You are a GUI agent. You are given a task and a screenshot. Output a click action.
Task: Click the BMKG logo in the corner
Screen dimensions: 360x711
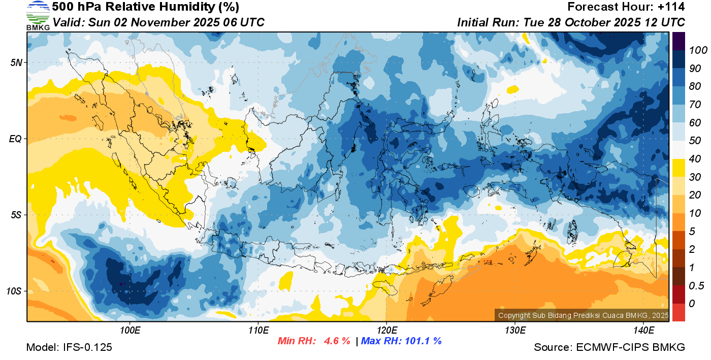coord(38,15)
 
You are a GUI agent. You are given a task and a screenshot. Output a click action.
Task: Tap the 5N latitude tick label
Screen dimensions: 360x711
coord(16,62)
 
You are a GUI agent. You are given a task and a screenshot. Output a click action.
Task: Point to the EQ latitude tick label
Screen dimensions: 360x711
coord(16,139)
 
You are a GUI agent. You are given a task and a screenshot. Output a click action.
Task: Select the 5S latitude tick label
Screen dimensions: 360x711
coord(16,215)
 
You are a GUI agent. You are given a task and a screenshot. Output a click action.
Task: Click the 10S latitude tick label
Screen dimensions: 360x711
coord(14,291)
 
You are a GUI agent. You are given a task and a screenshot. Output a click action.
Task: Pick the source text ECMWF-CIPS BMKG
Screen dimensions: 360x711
coord(631,347)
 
